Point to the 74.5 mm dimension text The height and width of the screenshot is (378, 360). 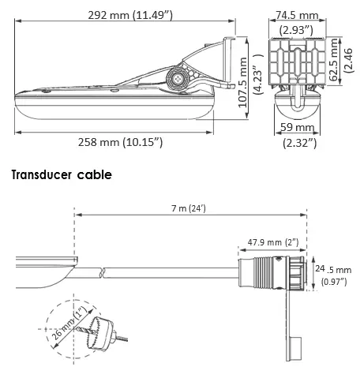pos(297,14)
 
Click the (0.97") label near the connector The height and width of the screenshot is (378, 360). pos(337,283)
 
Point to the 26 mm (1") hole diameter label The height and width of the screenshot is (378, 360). pos(68,324)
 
